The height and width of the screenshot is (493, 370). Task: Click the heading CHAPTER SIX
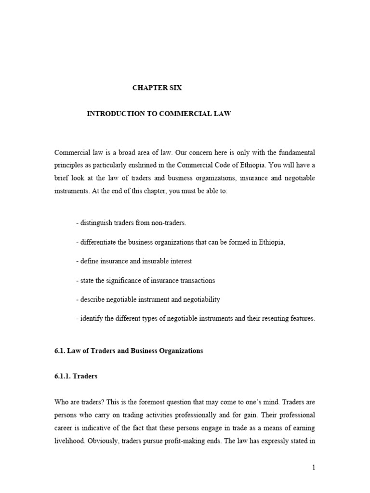point(158,88)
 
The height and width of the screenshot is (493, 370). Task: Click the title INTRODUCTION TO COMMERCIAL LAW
point(159,114)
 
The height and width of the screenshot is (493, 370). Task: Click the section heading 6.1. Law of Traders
point(129,351)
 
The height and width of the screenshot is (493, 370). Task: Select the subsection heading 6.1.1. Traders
point(76,376)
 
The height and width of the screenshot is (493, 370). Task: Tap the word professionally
point(196,415)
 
